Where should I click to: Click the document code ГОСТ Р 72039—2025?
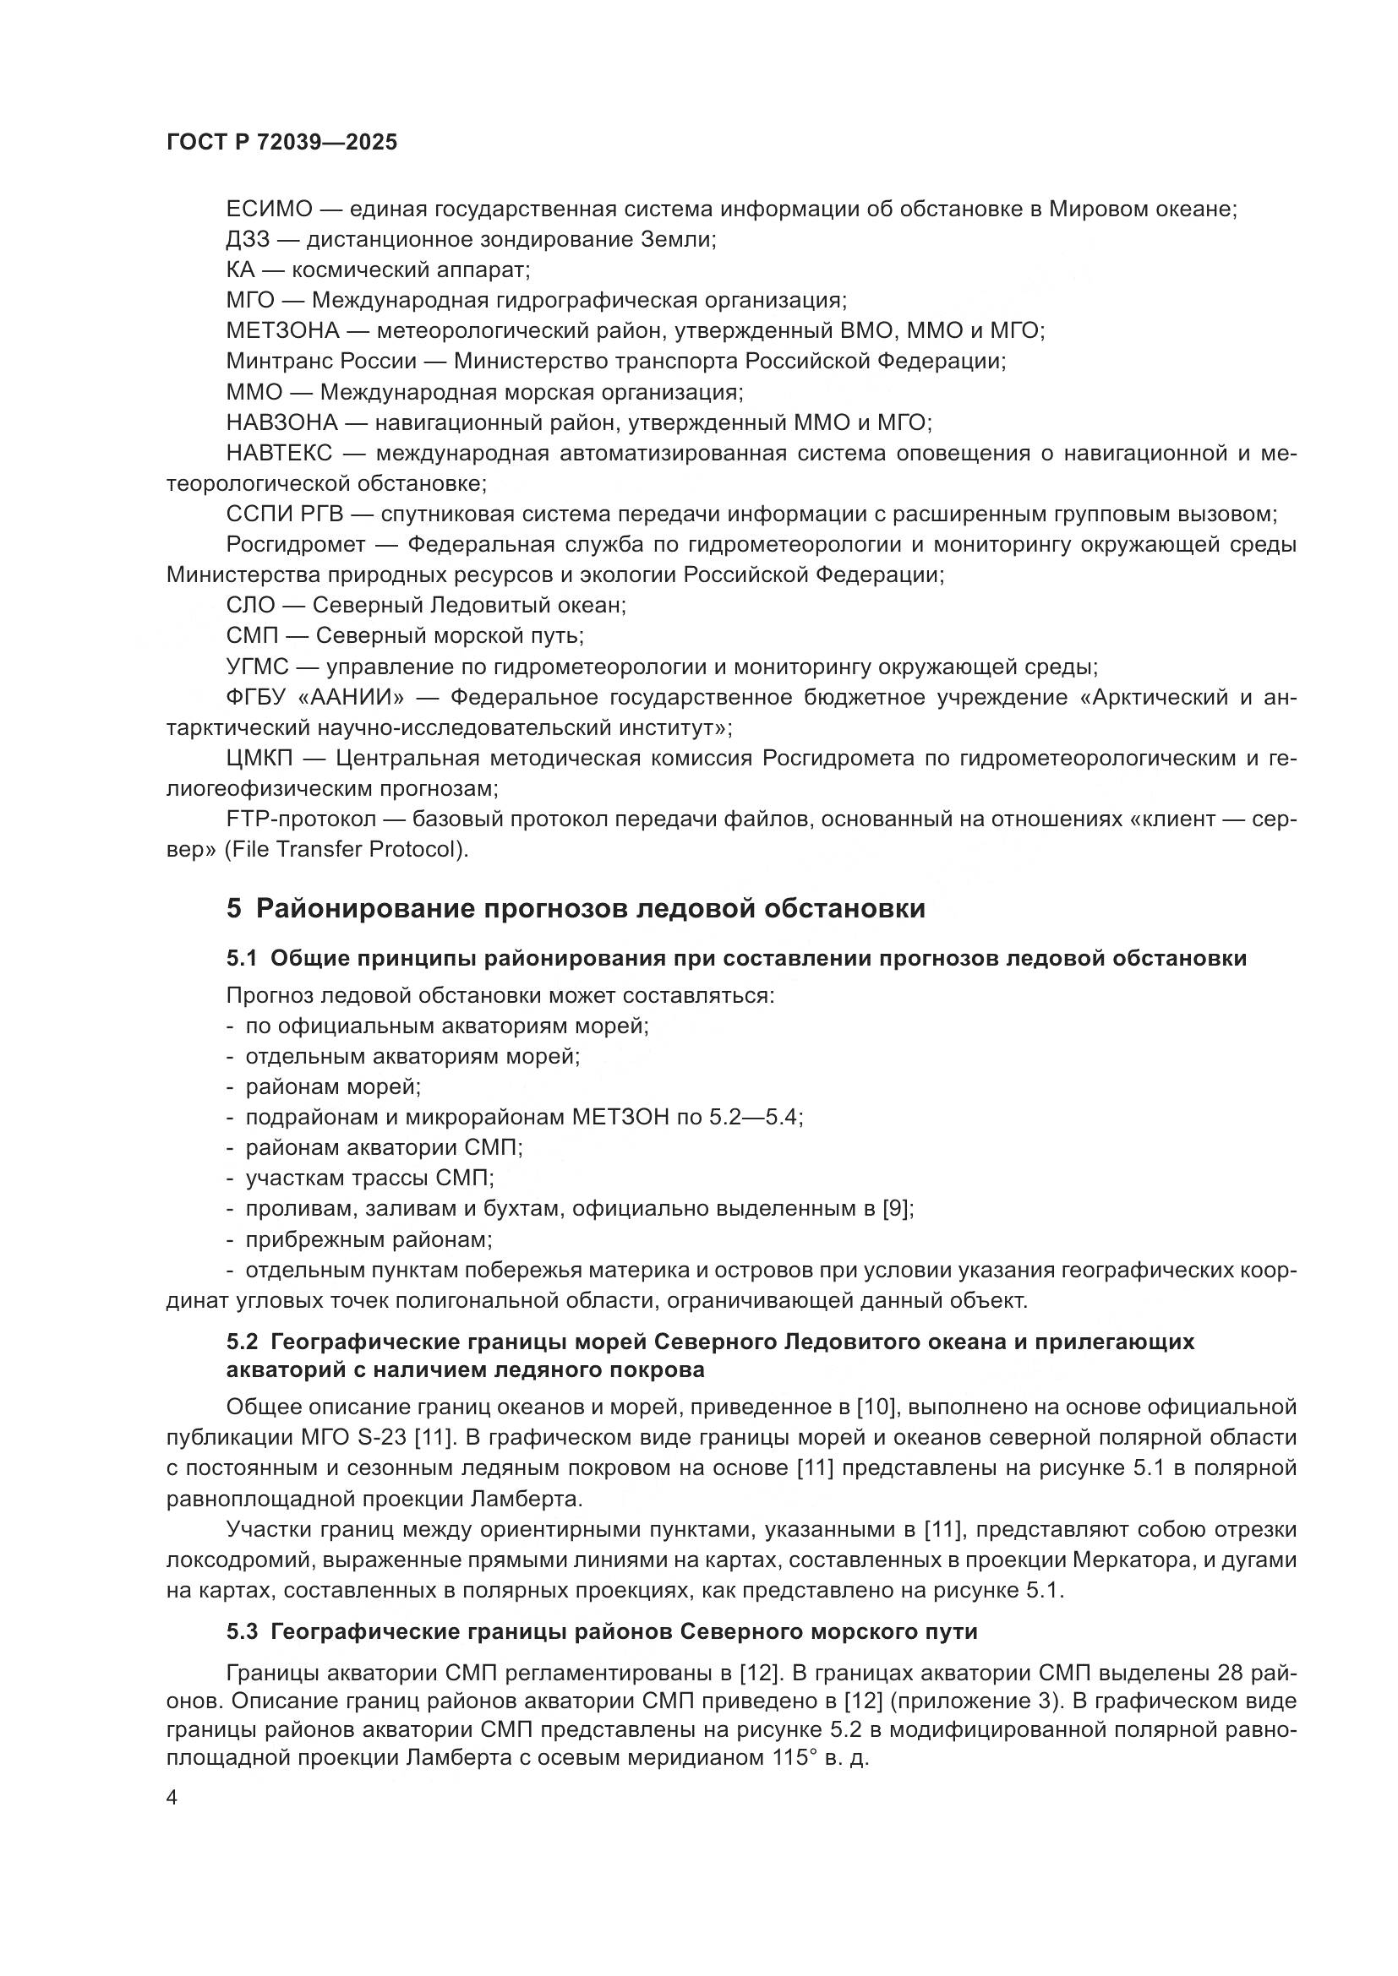pos(281,143)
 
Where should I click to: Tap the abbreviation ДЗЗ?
pos(248,239)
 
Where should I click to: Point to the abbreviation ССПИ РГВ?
pos(284,514)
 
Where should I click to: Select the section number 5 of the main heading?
pos(233,909)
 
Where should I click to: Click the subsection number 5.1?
pos(241,958)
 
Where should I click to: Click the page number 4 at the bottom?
pos(172,1799)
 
